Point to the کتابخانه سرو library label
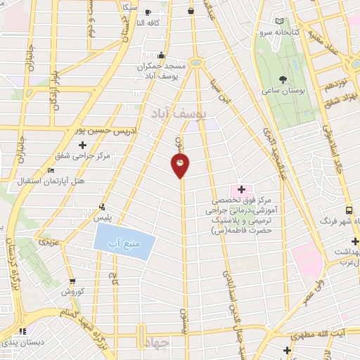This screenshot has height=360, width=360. (297, 32)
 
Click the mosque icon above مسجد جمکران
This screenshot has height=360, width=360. (162, 55)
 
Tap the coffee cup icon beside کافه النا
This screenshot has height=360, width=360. (148, 12)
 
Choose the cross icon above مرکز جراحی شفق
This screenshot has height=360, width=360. (82, 144)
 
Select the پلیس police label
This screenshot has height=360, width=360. (104, 219)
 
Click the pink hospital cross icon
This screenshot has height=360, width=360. (241, 189)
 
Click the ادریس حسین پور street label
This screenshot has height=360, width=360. (105, 131)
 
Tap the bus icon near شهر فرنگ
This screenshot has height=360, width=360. (349, 210)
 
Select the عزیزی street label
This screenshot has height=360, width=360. (47, 242)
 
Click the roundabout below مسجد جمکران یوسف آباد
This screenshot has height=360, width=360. (195, 63)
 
